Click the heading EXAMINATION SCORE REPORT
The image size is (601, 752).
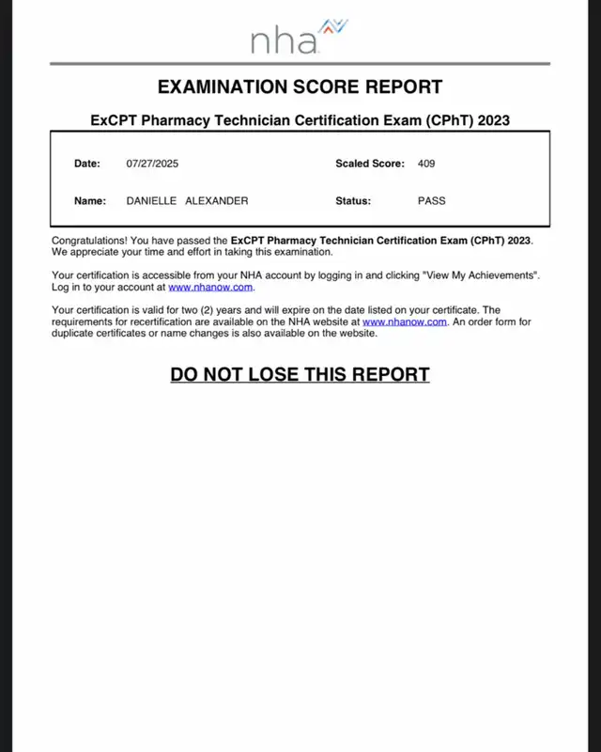coord(300,87)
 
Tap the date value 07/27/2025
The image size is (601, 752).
coord(152,164)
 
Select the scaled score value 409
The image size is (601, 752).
coord(426,164)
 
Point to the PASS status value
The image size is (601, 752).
coord(431,201)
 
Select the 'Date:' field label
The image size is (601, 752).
coord(86,164)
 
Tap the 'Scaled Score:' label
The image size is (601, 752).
coord(370,164)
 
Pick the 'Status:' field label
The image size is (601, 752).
coord(353,201)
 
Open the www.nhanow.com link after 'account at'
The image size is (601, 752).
coord(210,287)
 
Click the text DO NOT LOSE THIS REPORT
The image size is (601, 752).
coord(300,374)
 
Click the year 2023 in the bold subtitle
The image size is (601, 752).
coord(489,120)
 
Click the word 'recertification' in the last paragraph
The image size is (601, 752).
coord(146,321)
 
